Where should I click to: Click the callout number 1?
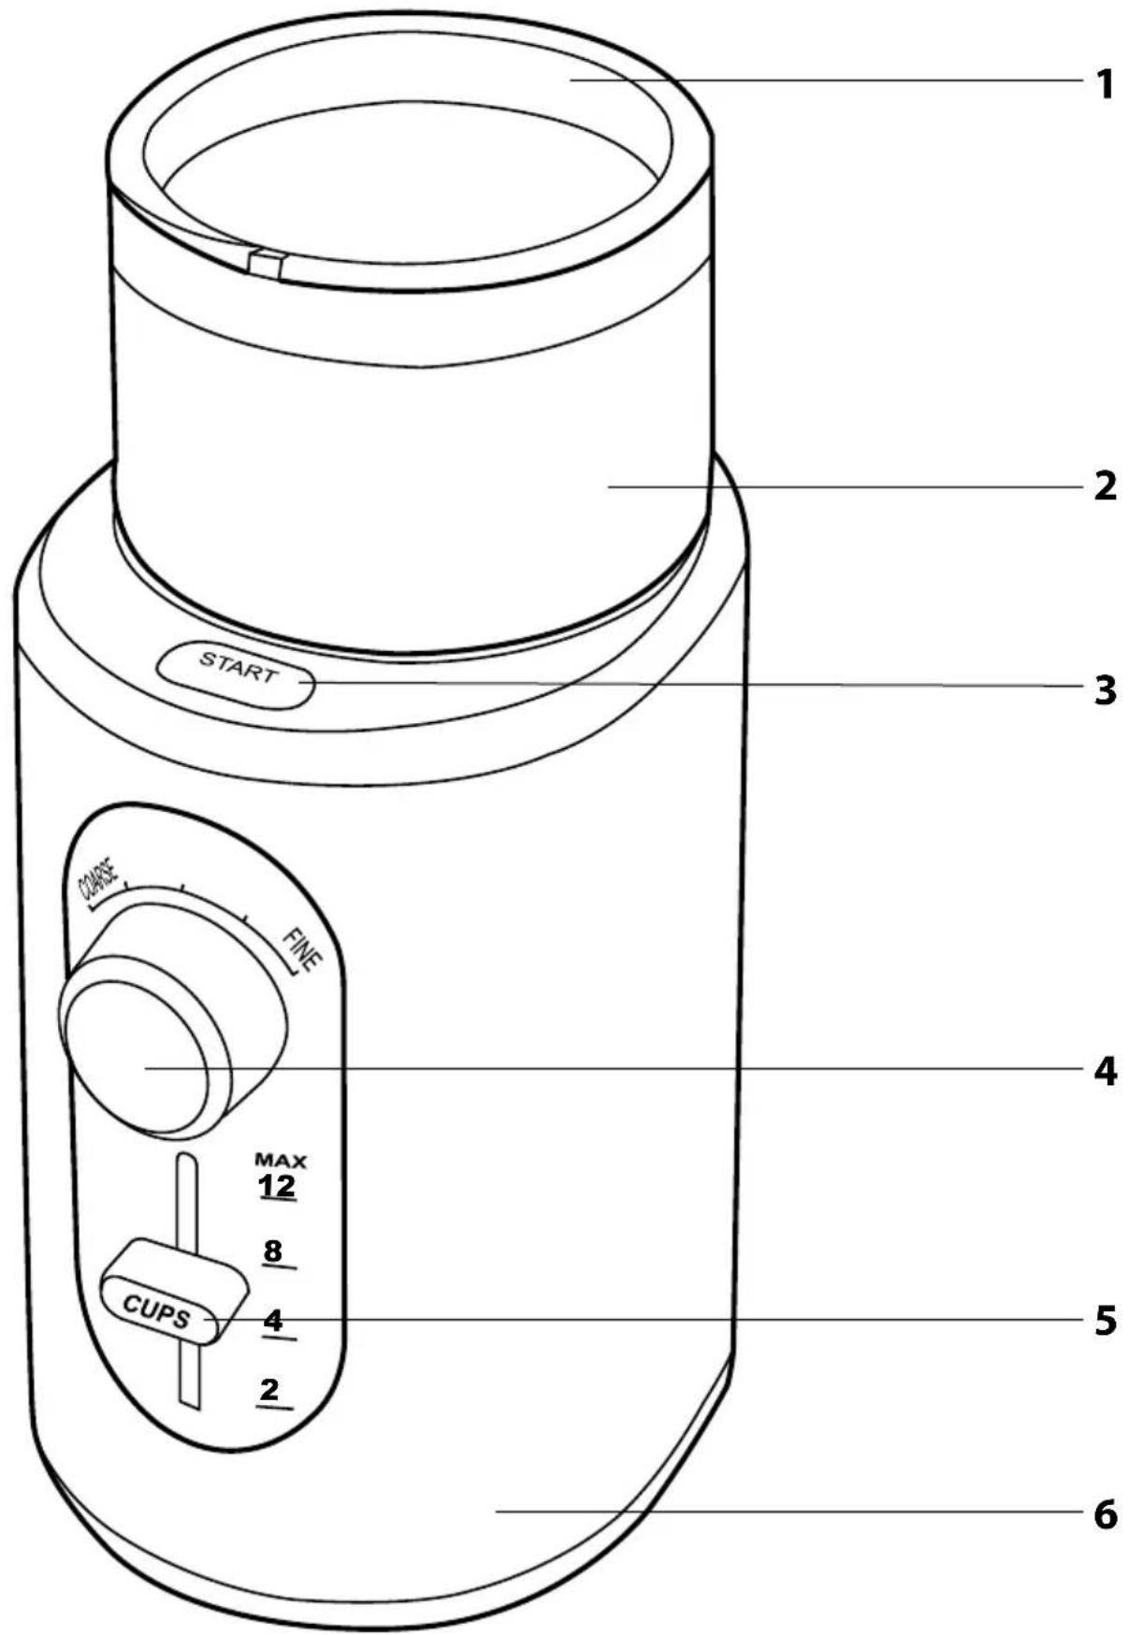tap(1105, 84)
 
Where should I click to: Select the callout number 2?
tap(1105, 485)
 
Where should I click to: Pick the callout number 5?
tap(1105, 1320)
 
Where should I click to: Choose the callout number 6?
tap(1105, 1512)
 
